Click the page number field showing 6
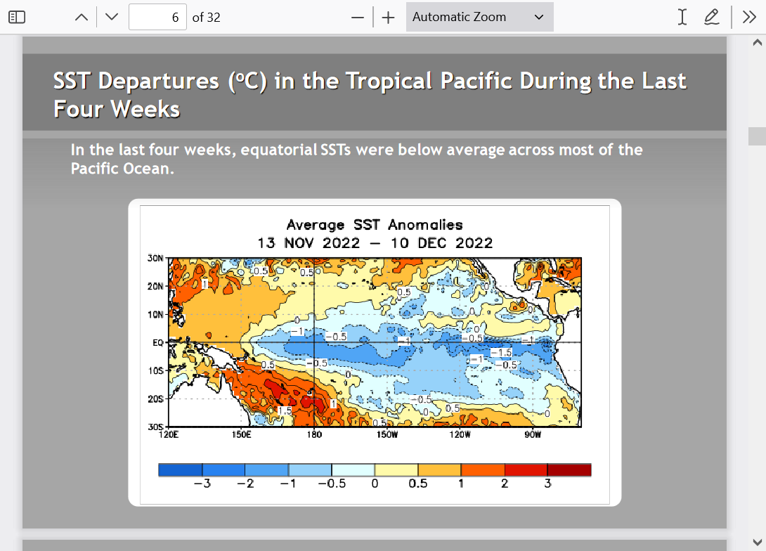pyautogui.click(x=157, y=17)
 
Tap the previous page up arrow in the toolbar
pyautogui.click(x=82, y=17)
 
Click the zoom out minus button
pyautogui.click(x=358, y=18)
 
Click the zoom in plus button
pyautogui.click(x=389, y=18)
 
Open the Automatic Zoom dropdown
pyautogui.click(x=479, y=17)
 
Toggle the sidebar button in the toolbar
pyautogui.click(x=17, y=17)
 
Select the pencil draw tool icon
pyautogui.click(x=712, y=17)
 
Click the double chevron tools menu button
pyautogui.click(x=749, y=17)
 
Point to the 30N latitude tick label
pyautogui.click(x=155, y=258)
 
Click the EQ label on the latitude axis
pyautogui.click(x=158, y=343)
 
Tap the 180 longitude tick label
pyautogui.click(x=314, y=434)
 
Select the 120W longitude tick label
pyautogui.click(x=460, y=434)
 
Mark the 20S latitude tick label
pyautogui.click(x=155, y=399)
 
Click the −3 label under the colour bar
pyautogui.click(x=202, y=484)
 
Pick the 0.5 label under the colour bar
pyautogui.click(x=417, y=484)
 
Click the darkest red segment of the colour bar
pyautogui.click(x=569, y=470)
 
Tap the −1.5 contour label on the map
pyautogui.click(x=501, y=352)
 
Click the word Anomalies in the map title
pyautogui.click(x=425, y=225)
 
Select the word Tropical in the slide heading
pyautogui.click(x=389, y=81)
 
